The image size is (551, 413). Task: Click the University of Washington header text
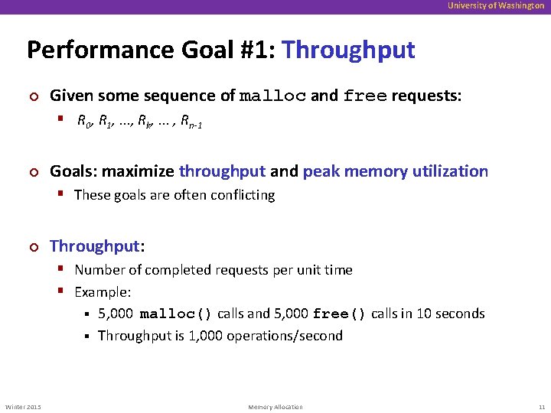(497, 5)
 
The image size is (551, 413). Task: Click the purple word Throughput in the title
(348, 50)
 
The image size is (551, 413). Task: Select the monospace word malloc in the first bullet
(273, 96)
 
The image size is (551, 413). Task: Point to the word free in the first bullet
(365, 96)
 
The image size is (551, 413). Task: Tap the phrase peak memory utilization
(395, 171)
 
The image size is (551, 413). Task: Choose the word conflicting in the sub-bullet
(240, 195)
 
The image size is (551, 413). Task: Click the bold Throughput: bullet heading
(96, 246)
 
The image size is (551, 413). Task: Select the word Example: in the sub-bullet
(103, 292)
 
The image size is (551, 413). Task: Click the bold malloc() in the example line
(176, 314)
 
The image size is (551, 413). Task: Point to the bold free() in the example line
(339, 314)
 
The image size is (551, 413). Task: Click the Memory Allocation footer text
(275, 407)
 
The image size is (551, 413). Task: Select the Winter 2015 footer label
(23, 407)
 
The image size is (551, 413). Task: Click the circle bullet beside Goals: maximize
(32, 172)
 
